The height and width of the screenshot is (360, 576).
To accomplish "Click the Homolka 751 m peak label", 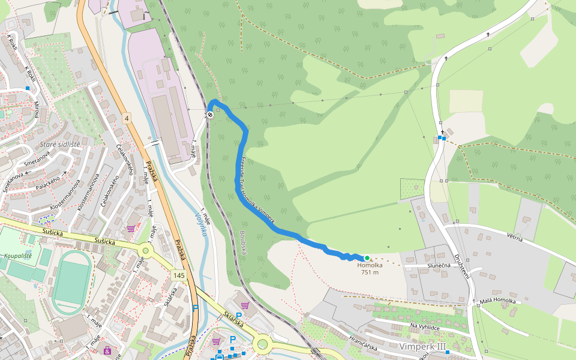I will point(370,268).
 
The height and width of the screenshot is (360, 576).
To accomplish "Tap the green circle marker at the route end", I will point(367,258).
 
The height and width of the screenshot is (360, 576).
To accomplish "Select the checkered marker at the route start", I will point(210,115).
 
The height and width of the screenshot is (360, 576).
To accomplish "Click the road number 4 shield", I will point(127,118).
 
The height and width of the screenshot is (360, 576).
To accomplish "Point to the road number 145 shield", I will point(178,275).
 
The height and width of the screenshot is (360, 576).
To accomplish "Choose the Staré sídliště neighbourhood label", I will point(60,145).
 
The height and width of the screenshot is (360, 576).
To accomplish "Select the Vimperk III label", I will point(423,347).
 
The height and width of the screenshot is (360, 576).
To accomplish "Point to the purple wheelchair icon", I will point(107,350).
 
